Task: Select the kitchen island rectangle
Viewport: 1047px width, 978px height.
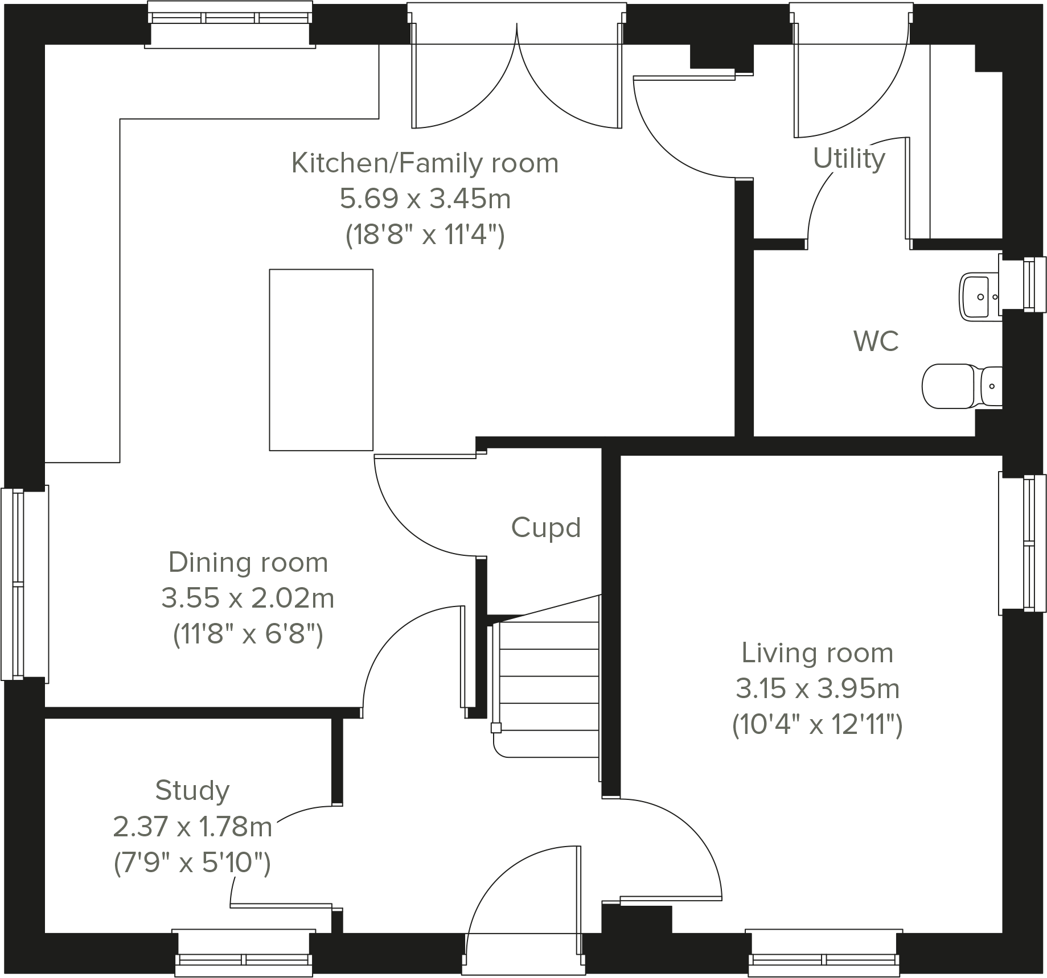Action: point(321,360)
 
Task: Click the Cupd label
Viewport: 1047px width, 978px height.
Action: point(545,527)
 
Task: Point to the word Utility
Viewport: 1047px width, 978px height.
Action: point(849,159)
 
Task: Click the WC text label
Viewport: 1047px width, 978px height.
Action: point(876,341)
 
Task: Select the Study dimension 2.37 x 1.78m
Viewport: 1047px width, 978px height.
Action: point(192,827)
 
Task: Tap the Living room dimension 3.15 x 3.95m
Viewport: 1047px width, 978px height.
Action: point(817,689)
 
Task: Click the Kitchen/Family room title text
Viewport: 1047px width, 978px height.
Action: point(425,163)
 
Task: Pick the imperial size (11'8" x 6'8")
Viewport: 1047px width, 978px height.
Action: point(248,634)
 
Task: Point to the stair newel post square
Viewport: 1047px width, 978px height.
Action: point(496,727)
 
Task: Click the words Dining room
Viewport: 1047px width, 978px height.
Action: point(248,563)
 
